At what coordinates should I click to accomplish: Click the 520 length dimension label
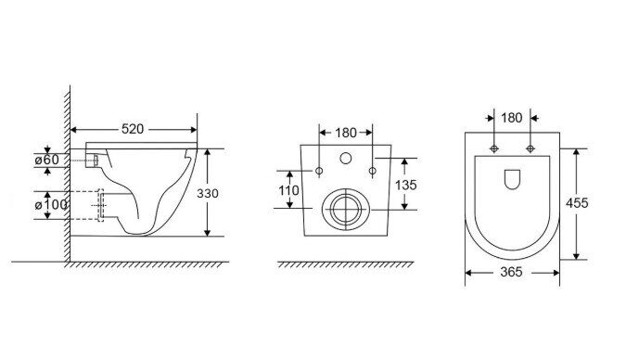click(132, 129)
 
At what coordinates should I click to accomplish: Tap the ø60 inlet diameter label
click(46, 160)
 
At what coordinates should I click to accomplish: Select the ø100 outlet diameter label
click(51, 205)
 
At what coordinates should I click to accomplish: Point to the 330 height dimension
click(208, 193)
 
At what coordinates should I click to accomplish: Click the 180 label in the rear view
click(346, 133)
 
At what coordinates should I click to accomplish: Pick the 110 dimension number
click(288, 190)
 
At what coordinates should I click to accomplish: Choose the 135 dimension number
click(405, 185)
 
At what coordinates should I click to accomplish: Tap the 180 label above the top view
click(512, 118)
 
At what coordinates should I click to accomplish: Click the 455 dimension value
click(577, 203)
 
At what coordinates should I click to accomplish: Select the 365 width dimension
click(511, 272)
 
